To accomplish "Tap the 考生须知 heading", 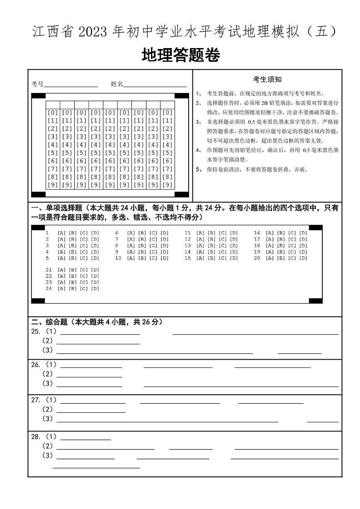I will coord(267,79).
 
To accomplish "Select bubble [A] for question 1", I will coord(61,233).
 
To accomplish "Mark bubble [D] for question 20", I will coord(303,258).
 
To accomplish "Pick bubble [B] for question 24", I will coord(72,289).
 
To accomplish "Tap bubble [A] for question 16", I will coord(269,233).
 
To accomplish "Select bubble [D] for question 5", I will coord(95,258).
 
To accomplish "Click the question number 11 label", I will coord(187,233).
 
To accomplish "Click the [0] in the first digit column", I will coord(53,113).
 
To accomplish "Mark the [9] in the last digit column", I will coord(167,185).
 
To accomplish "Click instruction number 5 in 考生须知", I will coord(198,170).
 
